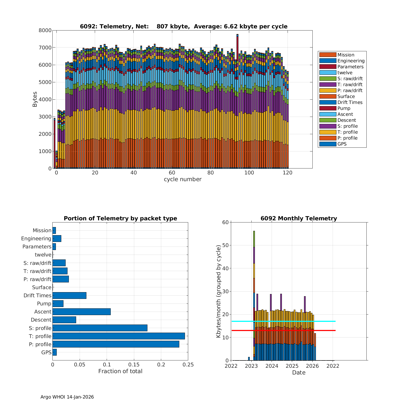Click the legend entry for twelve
[345, 73]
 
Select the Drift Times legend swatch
[328, 102]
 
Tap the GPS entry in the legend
[342, 144]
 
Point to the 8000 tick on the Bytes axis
[45, 31]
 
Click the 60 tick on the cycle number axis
[172, 173]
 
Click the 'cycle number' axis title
[183, 179]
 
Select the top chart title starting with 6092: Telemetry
[184, 26]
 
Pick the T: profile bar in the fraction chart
[119, 336]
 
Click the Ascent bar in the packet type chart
[82, 312]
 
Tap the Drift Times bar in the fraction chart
[69, 295]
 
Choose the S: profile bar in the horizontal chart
[100, 328]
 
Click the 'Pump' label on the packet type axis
[44, 303]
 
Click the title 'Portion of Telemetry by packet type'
[120, 218]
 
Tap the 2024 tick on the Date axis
[272, 366]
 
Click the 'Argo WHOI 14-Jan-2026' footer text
[67, 397]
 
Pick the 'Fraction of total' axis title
[120, 371]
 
